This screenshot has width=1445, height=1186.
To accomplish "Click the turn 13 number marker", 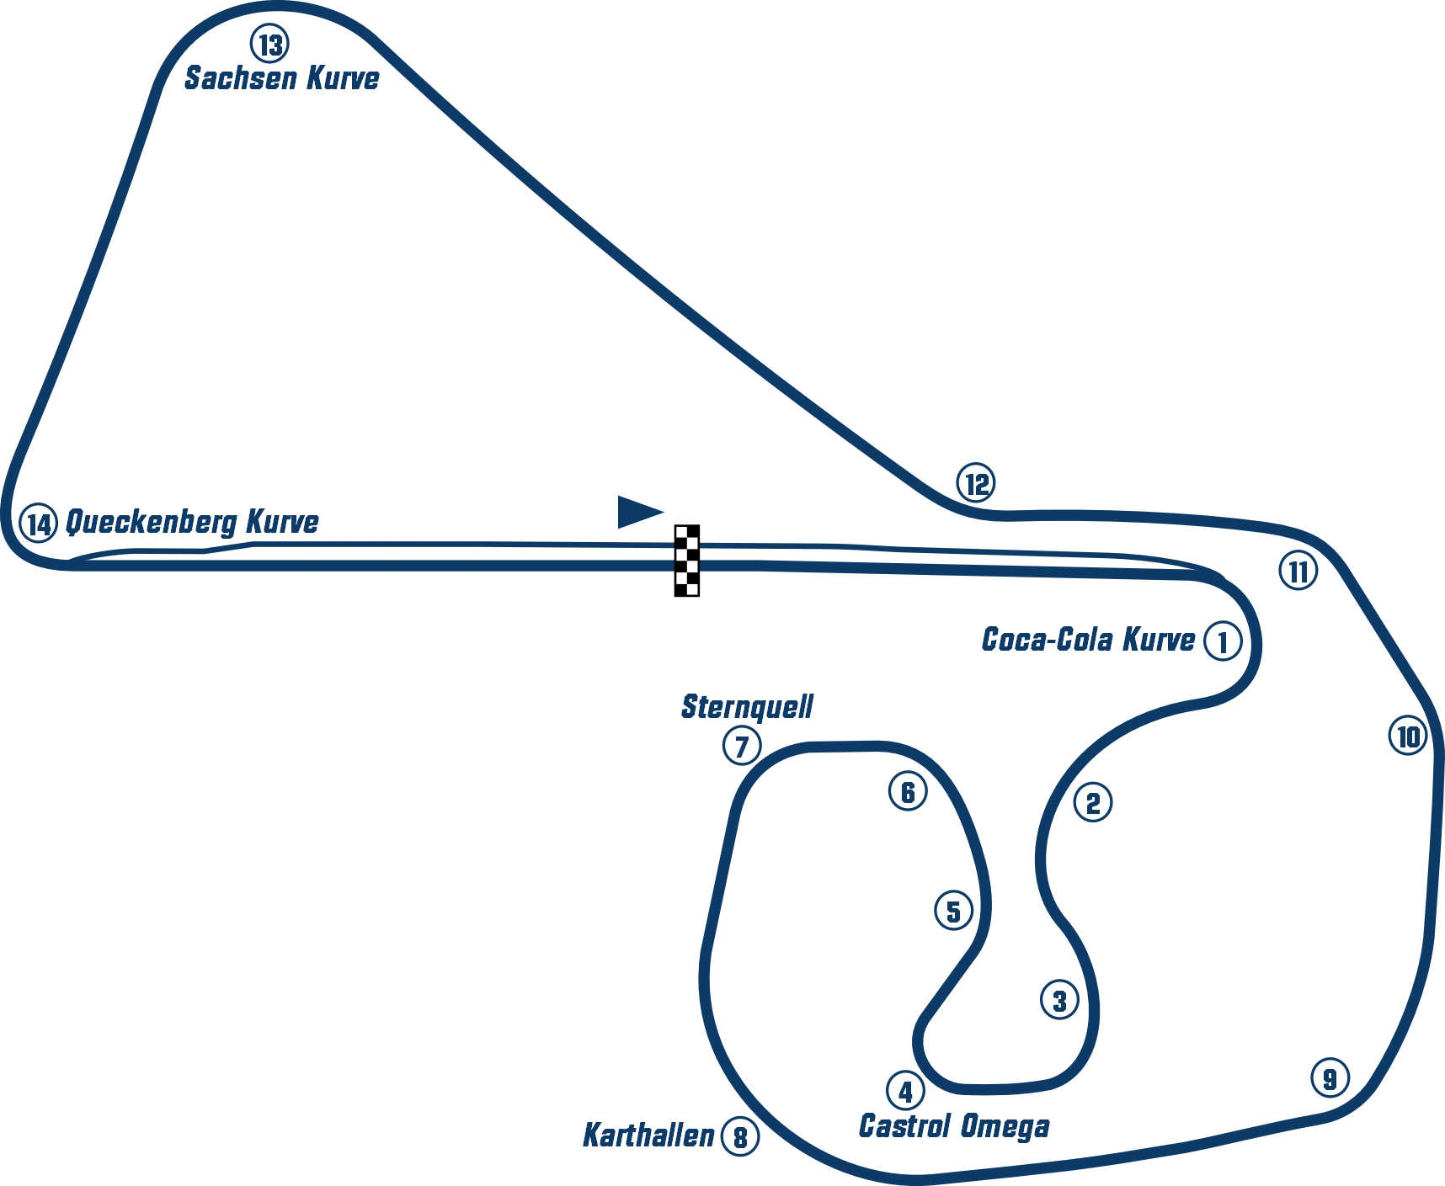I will (270, 43).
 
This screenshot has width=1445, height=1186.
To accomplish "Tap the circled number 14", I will (39, 524).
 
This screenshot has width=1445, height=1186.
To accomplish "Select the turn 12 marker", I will (975, 484).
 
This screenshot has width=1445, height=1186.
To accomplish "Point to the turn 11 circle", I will (1298, 572).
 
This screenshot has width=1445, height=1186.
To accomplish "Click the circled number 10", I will (1408, 737).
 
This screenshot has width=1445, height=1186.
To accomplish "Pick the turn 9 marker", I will (1330, 1077).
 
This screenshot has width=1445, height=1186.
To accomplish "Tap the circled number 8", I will (740, 1138).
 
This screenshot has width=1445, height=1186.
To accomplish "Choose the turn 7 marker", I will (742, 746).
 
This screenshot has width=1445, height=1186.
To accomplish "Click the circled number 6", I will (907, 791).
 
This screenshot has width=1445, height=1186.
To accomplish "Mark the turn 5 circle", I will (953, 911).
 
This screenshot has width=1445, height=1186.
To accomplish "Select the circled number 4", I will (905, 1091).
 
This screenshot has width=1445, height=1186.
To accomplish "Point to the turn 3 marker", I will (1059, 1000).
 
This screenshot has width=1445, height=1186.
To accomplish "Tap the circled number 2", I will (1092, 803).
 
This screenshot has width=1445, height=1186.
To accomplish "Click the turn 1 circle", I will (1223, 641).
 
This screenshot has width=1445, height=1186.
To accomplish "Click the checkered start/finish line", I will (687, 558).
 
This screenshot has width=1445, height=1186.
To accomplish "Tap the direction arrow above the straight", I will (637, 512).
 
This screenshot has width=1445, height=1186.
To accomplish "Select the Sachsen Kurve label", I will (283, 79).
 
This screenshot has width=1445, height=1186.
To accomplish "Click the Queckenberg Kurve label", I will (194, 523).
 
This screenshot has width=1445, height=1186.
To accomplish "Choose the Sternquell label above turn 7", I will (747, 707).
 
